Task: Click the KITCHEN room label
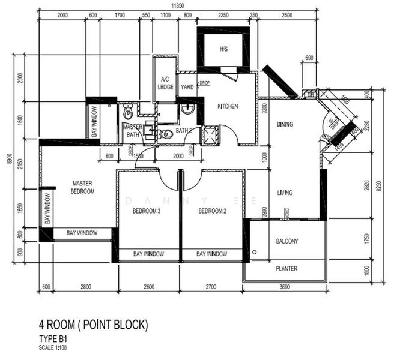(x=228, y=106)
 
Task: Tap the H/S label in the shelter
(x=223, y=49)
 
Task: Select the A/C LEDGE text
(x=165, y=83)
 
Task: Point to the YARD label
(x=186, y=87)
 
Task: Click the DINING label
(x=285, y=125)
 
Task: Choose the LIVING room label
(x=284, y=193)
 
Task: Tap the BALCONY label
(x=287, y=241)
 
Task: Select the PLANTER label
(x=286, y=269)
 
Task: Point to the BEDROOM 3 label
(x=146, y=211)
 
